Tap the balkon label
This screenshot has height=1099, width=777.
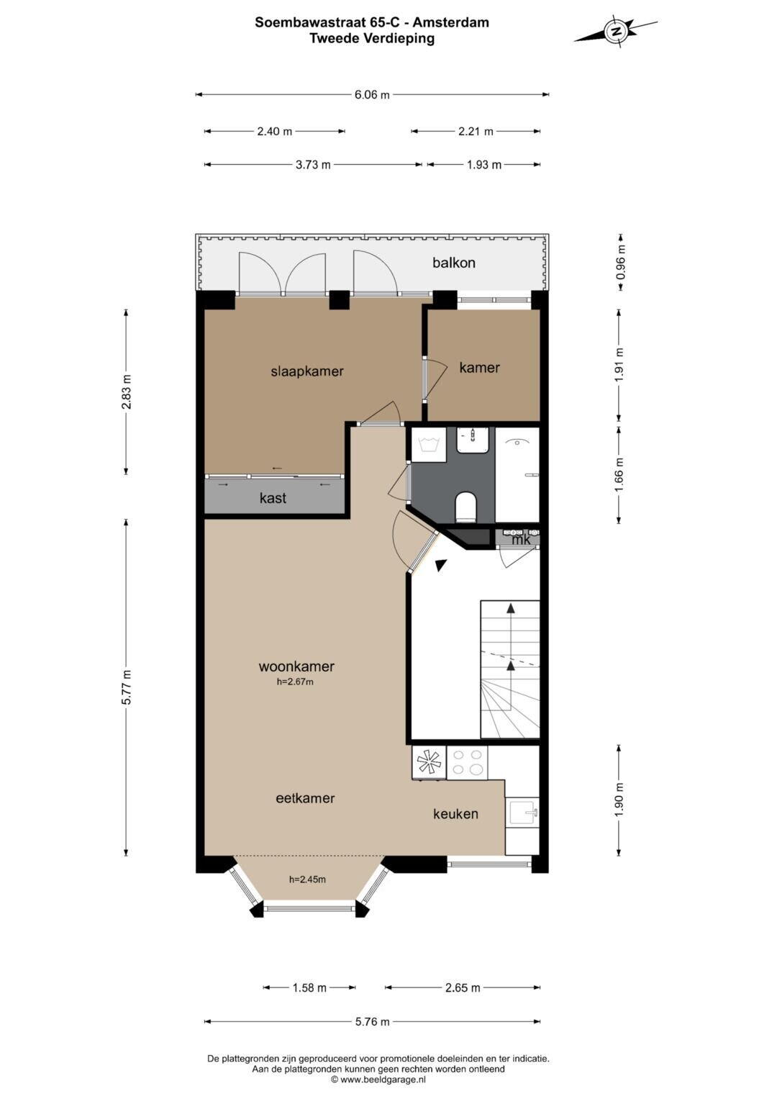(454, 263)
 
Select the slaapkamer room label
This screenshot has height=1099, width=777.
(307, 371)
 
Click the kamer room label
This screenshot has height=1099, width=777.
(479, 367)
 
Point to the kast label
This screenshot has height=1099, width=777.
(273, 498)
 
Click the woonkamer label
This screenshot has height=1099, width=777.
(296, 666)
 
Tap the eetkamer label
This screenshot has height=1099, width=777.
(305, 798)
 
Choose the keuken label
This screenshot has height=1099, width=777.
(455, 814)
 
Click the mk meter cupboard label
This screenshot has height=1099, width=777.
(521, 540)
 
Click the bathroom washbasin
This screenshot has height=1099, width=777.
(472, 440)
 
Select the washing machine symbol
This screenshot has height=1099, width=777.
(428, 445)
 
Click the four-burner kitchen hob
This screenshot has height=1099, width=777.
(467, 763)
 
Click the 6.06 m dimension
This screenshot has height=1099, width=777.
(372, 95)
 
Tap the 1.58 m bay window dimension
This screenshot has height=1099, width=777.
(309, 987)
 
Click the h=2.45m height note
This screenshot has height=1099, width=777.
(307, 879)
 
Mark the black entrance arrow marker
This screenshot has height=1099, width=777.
(440, 565)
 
